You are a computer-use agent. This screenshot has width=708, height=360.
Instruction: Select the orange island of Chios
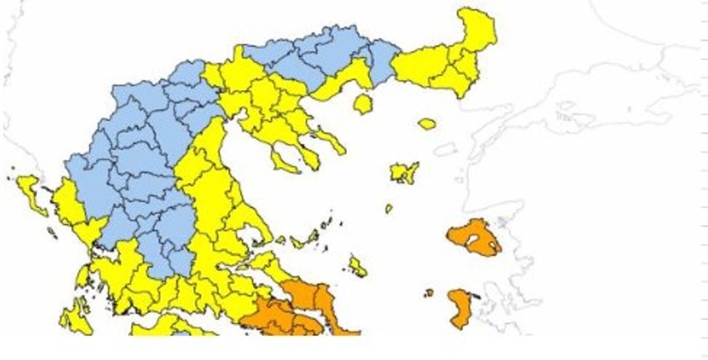click(460, 308)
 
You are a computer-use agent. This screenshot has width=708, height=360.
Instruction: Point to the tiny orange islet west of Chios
click(429, 292)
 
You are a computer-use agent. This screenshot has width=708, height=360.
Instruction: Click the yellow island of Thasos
click(362, 104)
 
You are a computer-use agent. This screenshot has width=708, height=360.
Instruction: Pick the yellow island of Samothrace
click(426, 124)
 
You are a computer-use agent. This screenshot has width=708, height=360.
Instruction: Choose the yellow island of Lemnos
click(405, 172)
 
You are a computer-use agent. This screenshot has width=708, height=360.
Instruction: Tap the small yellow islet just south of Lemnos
click(388, 208)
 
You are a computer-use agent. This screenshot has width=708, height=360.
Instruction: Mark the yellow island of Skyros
click(357, 267)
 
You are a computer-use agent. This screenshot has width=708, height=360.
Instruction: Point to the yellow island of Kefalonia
click(75, 317)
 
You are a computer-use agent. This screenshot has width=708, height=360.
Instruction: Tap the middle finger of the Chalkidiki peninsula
click(311, 153)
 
